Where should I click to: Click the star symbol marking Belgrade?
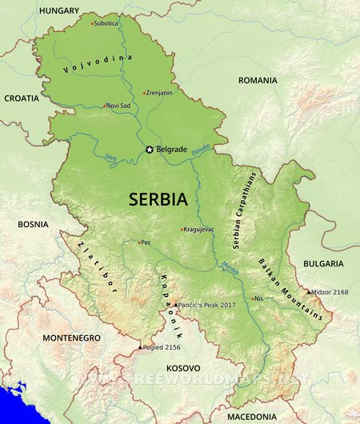pos(149,149)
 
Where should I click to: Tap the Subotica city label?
pos(106,23)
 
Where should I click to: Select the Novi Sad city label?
pos(118,106)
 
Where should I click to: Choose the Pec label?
pos(146,242)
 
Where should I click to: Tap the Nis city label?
pos(258,298)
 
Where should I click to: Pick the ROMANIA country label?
pos(257,80)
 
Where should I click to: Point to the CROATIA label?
pos(21,98)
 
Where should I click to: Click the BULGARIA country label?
pos(323,263)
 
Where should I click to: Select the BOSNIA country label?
pos(34,224)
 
